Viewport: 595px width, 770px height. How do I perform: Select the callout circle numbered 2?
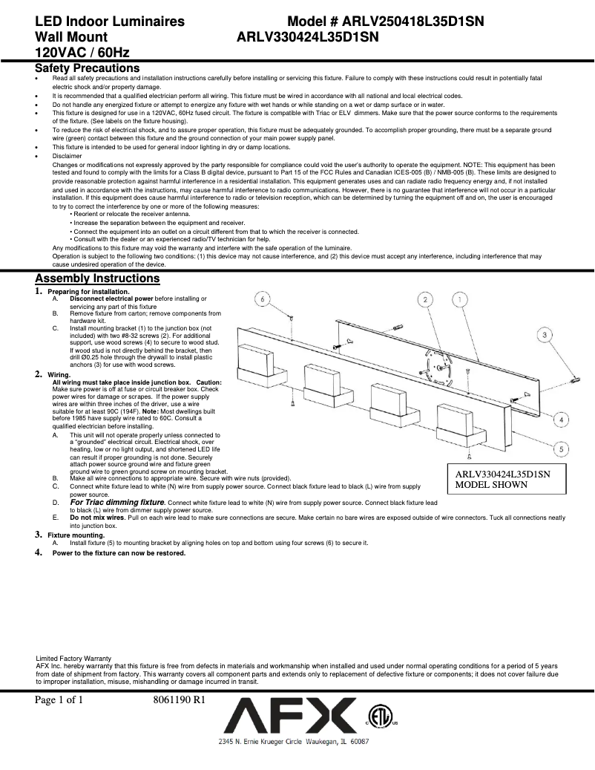(425, 299)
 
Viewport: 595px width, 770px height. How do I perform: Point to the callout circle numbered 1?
(460, 299)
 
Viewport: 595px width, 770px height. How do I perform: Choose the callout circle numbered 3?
(545, 336)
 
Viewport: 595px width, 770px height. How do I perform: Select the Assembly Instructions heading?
(97, 278)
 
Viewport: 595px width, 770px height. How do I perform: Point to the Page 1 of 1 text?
(59, 699)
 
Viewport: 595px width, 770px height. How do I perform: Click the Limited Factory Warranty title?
(74, 659)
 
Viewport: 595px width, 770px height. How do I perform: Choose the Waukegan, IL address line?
(294, 741)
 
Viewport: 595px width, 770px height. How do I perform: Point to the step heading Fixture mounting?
(78, 535)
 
